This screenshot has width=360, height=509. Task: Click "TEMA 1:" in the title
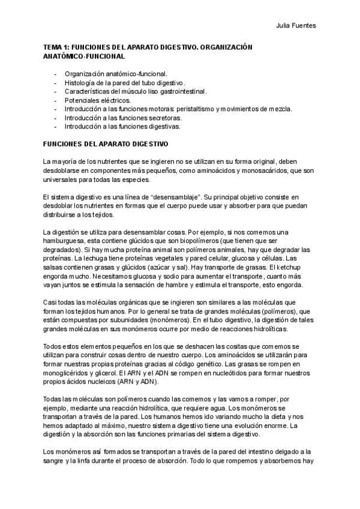click(58, 47)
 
